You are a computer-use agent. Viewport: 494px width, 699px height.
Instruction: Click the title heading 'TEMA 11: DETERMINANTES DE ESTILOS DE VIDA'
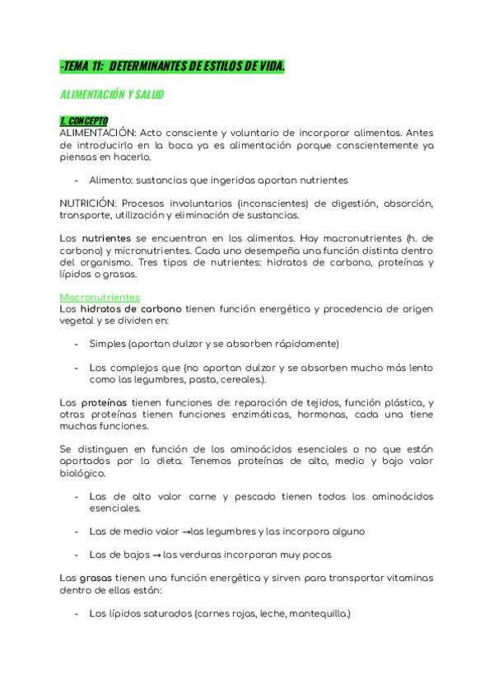tap(173, 66)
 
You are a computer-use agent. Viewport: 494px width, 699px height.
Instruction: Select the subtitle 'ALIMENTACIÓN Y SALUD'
tap(112, 95)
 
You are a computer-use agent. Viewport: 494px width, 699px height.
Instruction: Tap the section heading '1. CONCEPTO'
tap(84, 121)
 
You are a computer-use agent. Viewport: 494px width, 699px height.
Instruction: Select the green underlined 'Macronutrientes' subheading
tap(100, 297)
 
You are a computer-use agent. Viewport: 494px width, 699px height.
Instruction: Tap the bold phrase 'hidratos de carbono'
tap(132, 308)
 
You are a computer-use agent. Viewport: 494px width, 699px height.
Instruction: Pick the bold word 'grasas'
tap(96, 579)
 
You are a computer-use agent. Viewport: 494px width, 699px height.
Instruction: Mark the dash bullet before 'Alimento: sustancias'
tap(77, 180)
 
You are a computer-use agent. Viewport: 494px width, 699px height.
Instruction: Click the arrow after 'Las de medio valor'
tap(187, 532)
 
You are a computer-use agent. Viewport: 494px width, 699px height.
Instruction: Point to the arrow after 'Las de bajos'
tap(157, 555)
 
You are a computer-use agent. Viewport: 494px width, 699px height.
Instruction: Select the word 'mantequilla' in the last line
tap(321, 614)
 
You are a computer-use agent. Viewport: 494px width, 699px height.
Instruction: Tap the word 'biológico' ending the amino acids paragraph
tap(82, 475)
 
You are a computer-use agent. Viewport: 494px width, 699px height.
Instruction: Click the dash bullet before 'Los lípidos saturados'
tap(77, 614)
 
